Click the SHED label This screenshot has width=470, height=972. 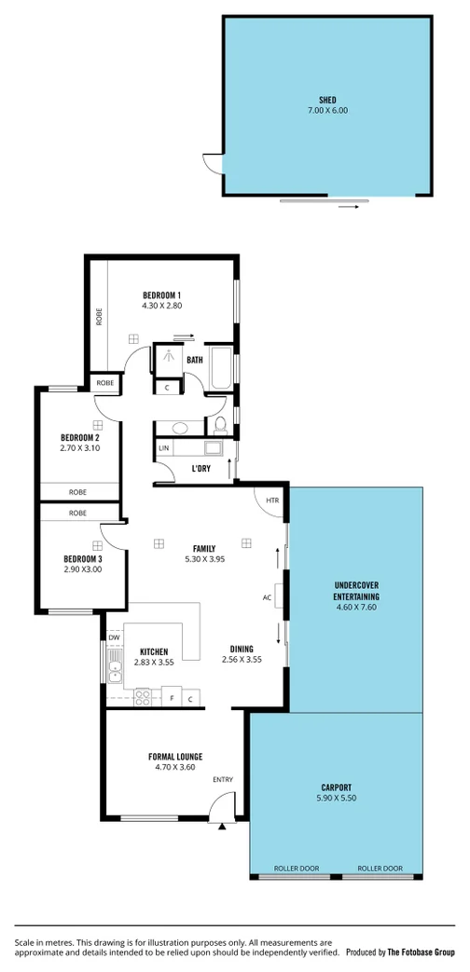point(326,99)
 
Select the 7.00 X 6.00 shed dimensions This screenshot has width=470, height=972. point(326,111)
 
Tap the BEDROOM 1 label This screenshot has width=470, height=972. point(161,294)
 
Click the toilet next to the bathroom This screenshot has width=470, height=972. point(220,426)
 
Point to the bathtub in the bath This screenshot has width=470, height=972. point(220,368)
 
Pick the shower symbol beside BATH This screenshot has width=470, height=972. point(169,356)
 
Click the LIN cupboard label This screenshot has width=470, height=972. point(164,449)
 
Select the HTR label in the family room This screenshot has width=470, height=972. point(272,500)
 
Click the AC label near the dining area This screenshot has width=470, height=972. point(267,596)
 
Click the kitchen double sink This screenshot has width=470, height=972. point(114,670)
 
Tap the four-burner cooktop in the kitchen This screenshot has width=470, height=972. point(145,695)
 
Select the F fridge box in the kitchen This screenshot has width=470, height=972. point(172,697)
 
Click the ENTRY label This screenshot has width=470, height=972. point(223,780)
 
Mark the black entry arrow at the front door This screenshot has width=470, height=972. point(222,825)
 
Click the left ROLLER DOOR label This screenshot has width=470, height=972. point(296,868)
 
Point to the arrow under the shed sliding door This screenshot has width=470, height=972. point(348,207)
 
